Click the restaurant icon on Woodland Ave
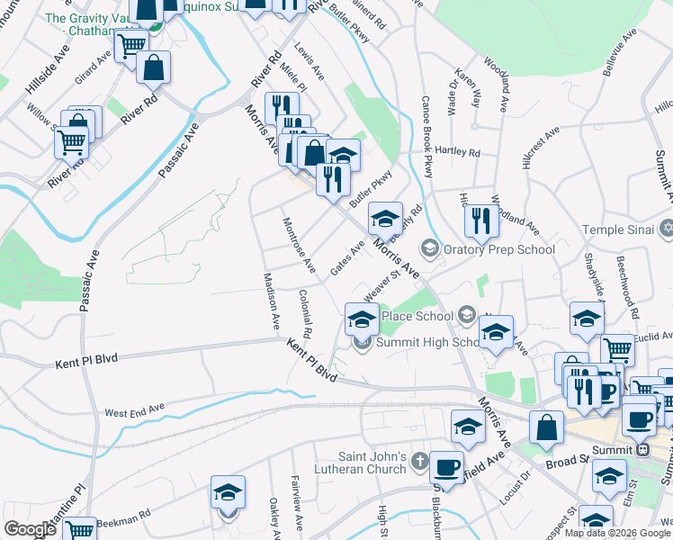481,219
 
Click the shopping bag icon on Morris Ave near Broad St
546,428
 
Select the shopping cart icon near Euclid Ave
616,351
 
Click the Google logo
30,529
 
